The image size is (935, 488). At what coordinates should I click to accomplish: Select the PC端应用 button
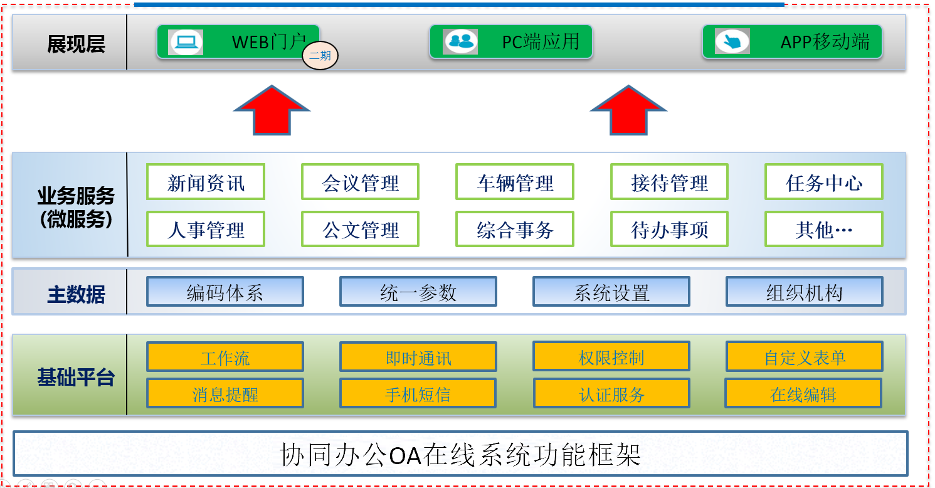[510, 42]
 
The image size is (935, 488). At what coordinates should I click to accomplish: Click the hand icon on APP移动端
[732, 42]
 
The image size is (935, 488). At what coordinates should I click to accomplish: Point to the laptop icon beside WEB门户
[186, 42]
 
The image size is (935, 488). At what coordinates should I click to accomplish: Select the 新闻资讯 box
[206, 183]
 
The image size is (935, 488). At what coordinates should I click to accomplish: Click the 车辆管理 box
[515, 183]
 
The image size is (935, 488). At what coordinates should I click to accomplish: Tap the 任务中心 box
[824, 183]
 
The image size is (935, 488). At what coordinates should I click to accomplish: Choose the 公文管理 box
[360, 230]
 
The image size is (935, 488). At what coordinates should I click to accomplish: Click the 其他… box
[824, 230]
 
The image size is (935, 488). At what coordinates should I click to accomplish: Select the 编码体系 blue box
[225, 292]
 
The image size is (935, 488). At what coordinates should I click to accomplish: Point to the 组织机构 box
[805, 292]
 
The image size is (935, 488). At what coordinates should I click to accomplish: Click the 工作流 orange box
[225, 358]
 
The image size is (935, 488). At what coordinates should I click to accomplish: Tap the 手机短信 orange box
[418, 394]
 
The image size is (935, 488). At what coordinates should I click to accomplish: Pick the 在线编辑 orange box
[803, 394]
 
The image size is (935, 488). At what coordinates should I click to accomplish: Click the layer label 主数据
[76, 294]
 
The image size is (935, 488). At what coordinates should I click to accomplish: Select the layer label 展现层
[76, 44]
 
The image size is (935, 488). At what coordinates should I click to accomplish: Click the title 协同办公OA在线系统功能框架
[460, 454]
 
